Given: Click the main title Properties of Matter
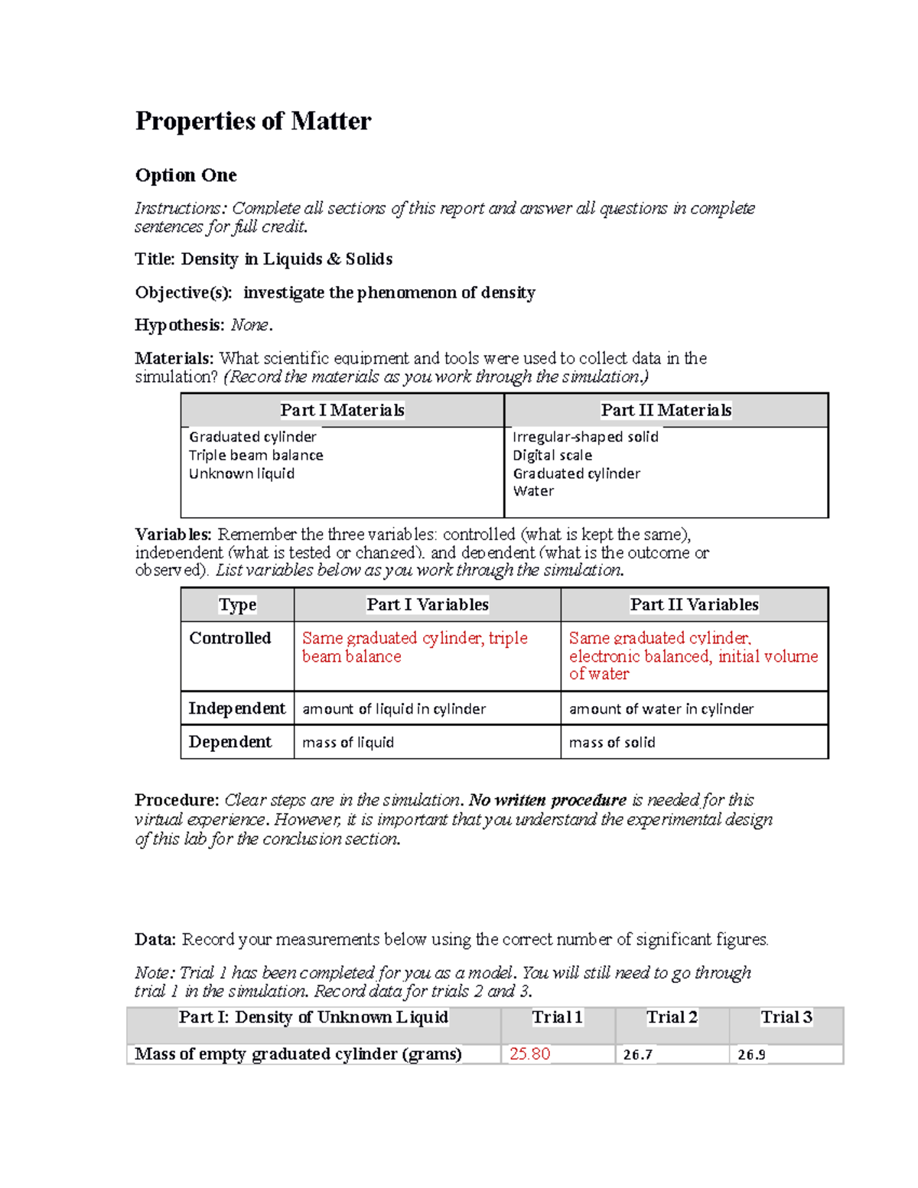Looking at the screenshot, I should pos(253,121).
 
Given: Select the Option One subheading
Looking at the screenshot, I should pos(186,175).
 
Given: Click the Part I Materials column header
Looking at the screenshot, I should pos(342,410).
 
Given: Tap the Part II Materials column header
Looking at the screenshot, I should pos(666,410).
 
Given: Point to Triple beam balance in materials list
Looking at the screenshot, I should pos(256,455).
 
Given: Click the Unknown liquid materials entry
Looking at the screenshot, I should pos(242,474).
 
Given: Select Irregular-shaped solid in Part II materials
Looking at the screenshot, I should pos(585,437).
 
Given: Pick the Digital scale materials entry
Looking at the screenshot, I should pos(552,455).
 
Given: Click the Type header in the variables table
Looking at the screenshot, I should pos(237,604).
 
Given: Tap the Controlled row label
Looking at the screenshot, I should pos(230,638).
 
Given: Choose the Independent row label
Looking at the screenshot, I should pos(236,708).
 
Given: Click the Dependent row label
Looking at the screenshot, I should pos(230,742).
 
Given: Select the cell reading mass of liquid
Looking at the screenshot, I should pos(348,742).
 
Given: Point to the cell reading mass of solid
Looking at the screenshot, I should pos(612,742).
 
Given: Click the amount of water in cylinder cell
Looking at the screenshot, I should pos(661,709).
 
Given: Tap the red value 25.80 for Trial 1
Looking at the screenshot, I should pos(529,1054).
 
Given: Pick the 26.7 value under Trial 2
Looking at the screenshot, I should pos(637,1055).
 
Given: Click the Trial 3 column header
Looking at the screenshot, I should pos(786,1017).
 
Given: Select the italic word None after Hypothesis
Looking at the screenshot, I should pos(249,325).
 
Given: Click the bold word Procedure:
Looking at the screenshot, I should pos(177,800).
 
